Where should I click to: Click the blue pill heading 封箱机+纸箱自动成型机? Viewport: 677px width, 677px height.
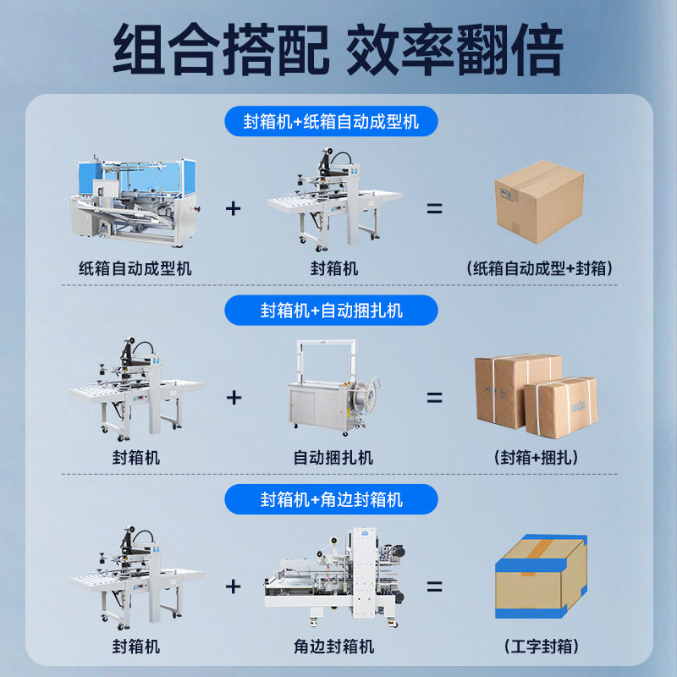click(x=331, y=122)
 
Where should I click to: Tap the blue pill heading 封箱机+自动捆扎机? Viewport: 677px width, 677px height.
click(x=331, y=311)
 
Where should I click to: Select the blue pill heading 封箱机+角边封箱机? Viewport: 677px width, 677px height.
click(x=331, y=499)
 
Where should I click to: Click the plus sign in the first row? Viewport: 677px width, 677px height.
click(x=234, y=208)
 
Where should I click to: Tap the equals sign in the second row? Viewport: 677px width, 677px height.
click(x=434, y=397)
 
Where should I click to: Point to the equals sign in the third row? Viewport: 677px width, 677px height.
click(x=434, y=586)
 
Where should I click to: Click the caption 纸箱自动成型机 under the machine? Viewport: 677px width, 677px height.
click(x=135, y=269)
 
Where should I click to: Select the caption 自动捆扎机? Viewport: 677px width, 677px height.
click(x=333, y=459)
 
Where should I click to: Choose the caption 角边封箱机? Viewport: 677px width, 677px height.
click(x=333, y=647)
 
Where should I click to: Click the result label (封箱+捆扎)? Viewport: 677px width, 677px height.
click(x=537, y=459)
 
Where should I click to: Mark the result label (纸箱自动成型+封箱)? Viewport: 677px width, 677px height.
click(x=539, y=269)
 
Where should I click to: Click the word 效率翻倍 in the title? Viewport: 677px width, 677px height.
click(x=454, y=51)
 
